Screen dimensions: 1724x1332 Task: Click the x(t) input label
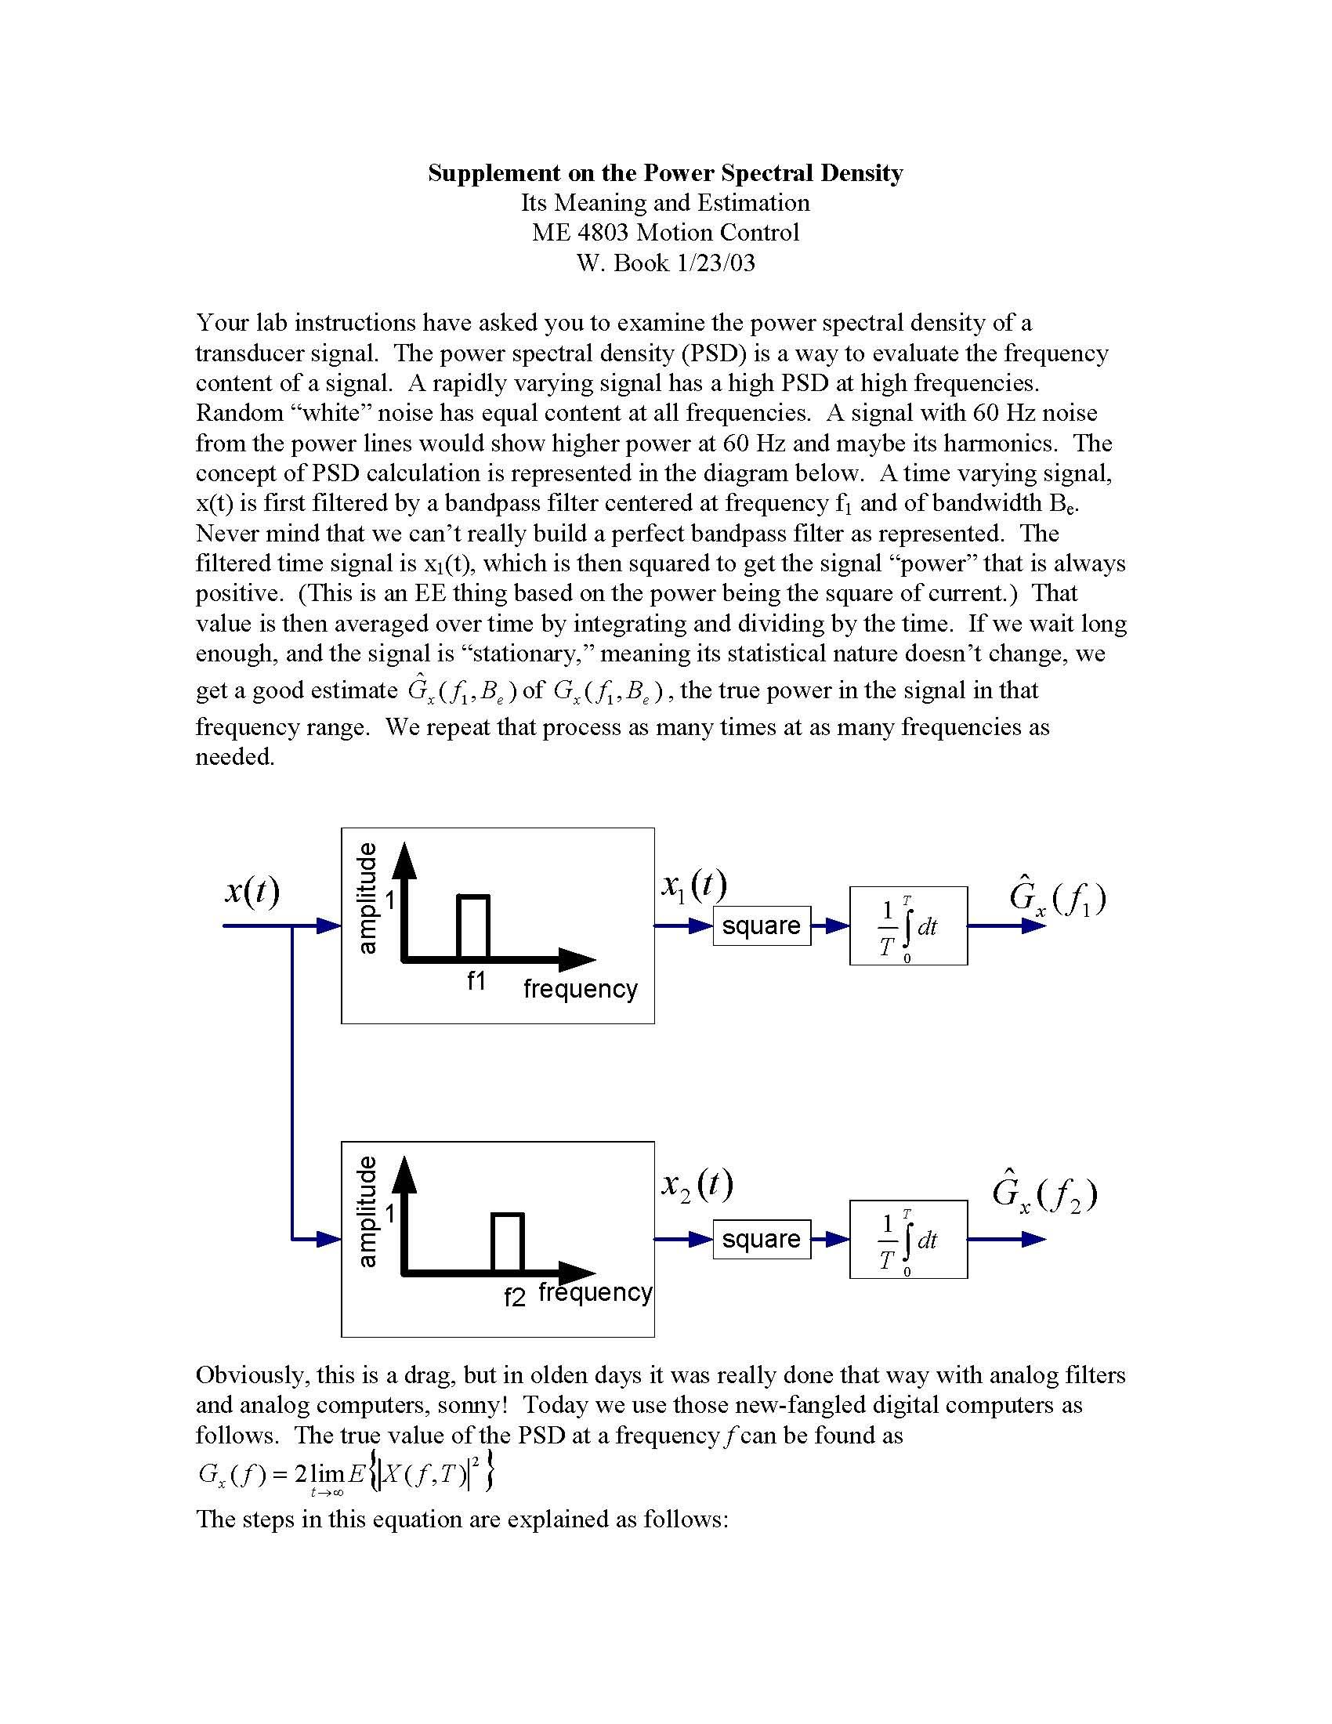[x=252, y=891]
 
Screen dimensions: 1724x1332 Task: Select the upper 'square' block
[x=762, y=925]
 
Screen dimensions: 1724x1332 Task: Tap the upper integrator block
[x=907, y=925]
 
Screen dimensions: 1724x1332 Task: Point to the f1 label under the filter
[x=476, y=981]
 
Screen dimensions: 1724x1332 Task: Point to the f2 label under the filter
[x=515, y=1297]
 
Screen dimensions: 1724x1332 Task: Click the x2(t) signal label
[x=697, y=1185]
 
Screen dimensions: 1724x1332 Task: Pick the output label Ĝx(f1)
[x=1057, y=897]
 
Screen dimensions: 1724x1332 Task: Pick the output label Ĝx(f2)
[x=1044, y=1194]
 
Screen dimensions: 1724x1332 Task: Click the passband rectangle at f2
[x=508, y=1243]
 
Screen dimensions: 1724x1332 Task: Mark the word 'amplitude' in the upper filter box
[x=367, y=898]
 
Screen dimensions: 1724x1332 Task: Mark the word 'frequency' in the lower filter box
[x=595, y=1292]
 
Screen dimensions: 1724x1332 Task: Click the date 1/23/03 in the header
[x=715, y=262]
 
